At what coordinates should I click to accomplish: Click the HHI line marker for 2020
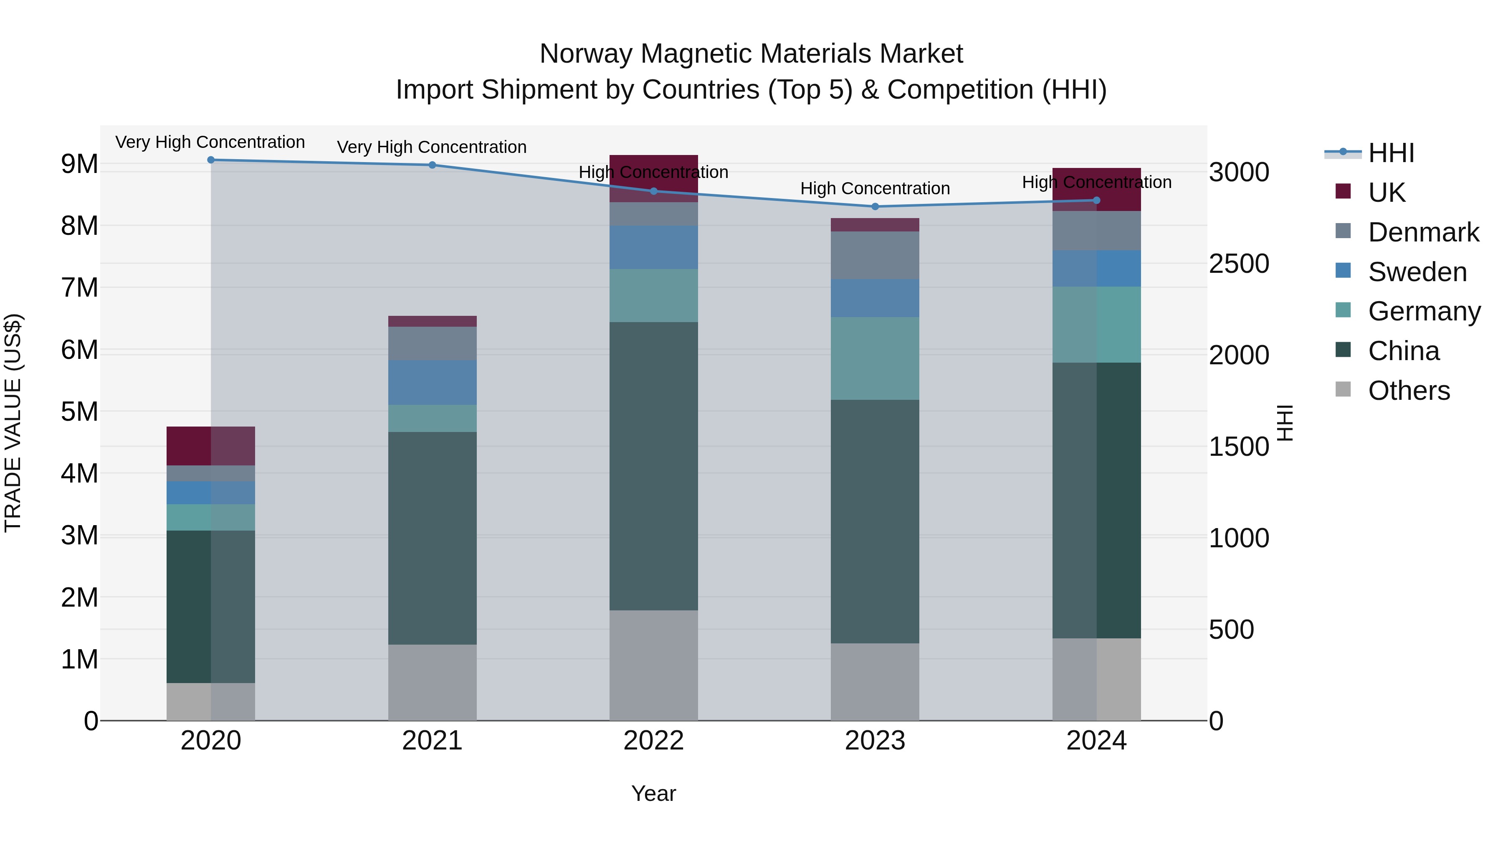tap(211, 160)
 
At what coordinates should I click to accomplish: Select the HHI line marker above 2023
tap(875, 207)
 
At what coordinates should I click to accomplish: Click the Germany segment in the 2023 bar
tap(875, 358)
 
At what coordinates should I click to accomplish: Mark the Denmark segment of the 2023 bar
tap(875, 255)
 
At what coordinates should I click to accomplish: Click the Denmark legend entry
tap(1423, 232)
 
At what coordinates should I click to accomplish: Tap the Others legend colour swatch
tap(1343, 389)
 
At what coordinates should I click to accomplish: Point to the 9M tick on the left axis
tap(80, 164)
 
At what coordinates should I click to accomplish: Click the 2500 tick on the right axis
tap(1238, 264)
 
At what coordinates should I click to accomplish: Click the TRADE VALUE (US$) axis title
tap(13, 423)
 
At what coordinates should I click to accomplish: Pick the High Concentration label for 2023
tap(875, 188)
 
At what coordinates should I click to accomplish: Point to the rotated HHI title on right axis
tap(1284, 423)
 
